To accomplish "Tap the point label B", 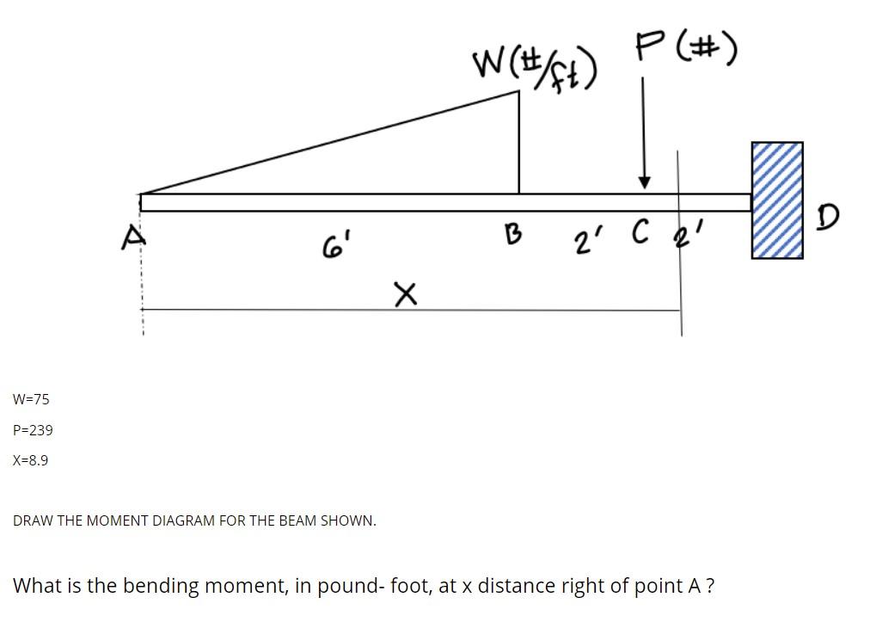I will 512,233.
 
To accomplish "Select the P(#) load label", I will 686,50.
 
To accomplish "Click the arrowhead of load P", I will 643,182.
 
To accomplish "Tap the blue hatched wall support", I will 777,200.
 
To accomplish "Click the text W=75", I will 32,399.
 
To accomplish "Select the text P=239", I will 34,430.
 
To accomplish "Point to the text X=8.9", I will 31,460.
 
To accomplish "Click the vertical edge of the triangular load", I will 519,142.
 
